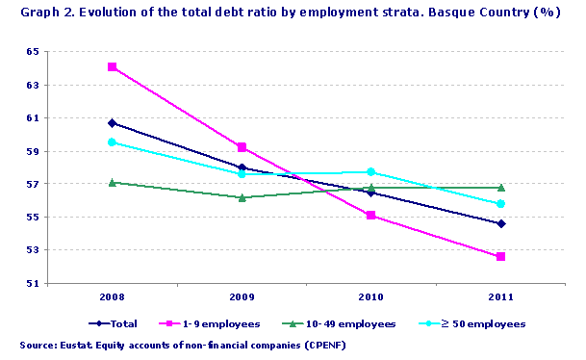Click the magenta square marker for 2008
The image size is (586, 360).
113,67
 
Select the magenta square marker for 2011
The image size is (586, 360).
501,257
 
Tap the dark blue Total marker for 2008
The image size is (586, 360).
113,123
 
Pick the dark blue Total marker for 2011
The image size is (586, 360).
501,223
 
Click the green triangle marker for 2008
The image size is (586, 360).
113,182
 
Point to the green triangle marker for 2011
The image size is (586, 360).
501,188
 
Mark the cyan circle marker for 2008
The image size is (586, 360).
113,142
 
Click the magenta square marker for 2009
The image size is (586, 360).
242,147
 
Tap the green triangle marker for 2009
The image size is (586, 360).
242,197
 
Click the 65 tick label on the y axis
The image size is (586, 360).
32,52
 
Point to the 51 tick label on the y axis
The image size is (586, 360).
32,284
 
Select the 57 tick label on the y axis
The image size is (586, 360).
32,185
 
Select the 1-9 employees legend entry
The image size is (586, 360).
223,324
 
